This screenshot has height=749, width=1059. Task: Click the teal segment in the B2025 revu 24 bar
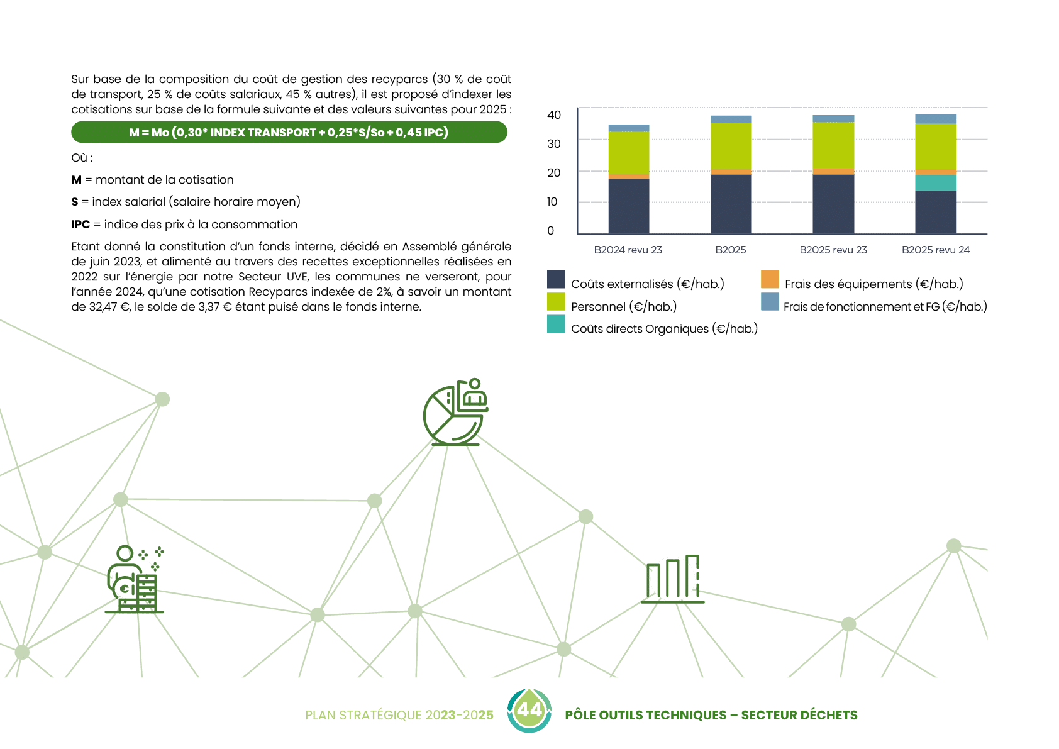(x=936, y=183)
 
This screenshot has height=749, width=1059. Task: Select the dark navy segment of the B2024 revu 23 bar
(x=628, y=206)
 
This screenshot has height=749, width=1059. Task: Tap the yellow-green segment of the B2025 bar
(x=731, y=146)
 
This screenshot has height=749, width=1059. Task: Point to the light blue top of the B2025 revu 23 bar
(x=833, y=119)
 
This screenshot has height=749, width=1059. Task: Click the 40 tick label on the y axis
(x=554, y=115)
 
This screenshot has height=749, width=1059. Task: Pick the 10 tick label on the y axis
(x=552, y=202)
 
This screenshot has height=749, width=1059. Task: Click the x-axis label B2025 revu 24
(x=936, y=250)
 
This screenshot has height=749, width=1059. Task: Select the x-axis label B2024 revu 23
(x=628, y=250)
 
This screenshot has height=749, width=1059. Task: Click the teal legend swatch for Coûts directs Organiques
(x=556, y=325)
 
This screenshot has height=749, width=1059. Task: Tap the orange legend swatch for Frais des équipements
(x=770, y=280)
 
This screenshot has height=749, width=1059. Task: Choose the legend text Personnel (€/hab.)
(x=624, y=307)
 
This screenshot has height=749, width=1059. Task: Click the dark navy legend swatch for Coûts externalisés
(x=556, y=280)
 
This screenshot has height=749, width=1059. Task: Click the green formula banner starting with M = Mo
(x=289, y=133)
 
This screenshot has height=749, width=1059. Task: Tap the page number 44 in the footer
(x=529, y=710)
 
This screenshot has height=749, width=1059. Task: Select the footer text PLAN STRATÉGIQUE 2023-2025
(x=399, y=715)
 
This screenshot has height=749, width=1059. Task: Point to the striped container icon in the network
(x=672, y=579)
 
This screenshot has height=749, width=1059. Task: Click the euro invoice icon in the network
(x=132, y=582)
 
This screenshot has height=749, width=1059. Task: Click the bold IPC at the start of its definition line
(x=80, y=225)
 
